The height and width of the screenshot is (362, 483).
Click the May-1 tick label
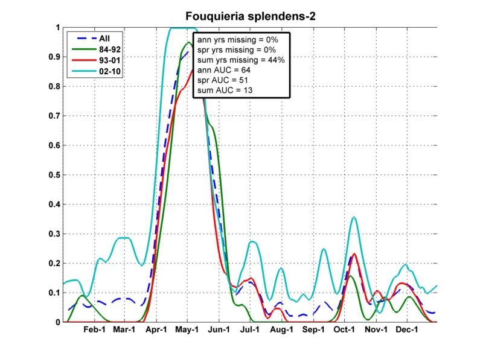click(188, 330)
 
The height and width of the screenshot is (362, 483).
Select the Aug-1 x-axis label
click(282, 330)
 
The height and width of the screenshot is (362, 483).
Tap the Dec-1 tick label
click(408, 330)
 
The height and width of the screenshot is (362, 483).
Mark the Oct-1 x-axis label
click(345, 330)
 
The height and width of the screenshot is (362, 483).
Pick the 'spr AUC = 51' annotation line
click(223, 80)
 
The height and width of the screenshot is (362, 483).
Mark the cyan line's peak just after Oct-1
click(354, 217)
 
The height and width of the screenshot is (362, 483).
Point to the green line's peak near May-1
click(189, 43)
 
